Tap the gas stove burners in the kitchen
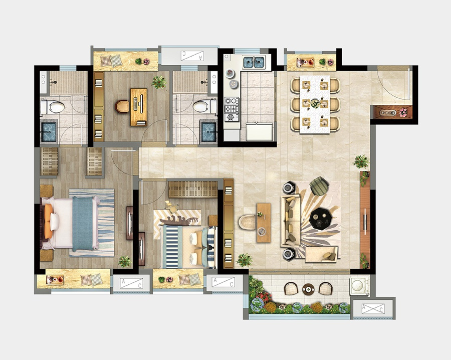232,109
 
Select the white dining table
315,104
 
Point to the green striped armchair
319,186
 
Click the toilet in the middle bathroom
205,106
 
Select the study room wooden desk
139,107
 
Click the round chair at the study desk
122,106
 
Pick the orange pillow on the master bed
48,221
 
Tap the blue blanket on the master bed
83,224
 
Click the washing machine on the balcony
359,286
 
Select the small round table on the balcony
308,289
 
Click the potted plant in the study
159,82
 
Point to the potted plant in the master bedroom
125,261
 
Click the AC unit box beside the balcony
373,308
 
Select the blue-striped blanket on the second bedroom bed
172,247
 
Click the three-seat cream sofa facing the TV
291,221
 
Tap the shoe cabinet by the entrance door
392,112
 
